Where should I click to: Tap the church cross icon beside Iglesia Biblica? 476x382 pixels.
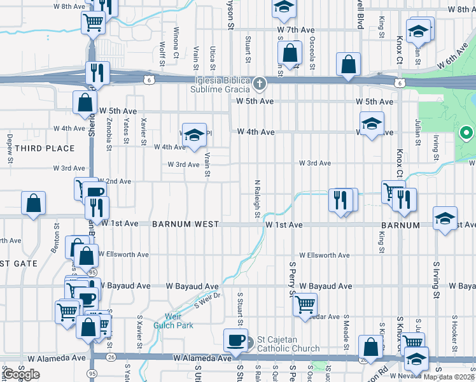click(260, 83)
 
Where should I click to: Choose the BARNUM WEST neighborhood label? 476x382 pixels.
click(185, 225)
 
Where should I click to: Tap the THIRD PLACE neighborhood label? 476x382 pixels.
click(44, 148)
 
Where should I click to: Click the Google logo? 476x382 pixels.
click(22, 375)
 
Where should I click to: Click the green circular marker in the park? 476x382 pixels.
click(466, 133)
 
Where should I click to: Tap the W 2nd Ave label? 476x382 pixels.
click(115, 181)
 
